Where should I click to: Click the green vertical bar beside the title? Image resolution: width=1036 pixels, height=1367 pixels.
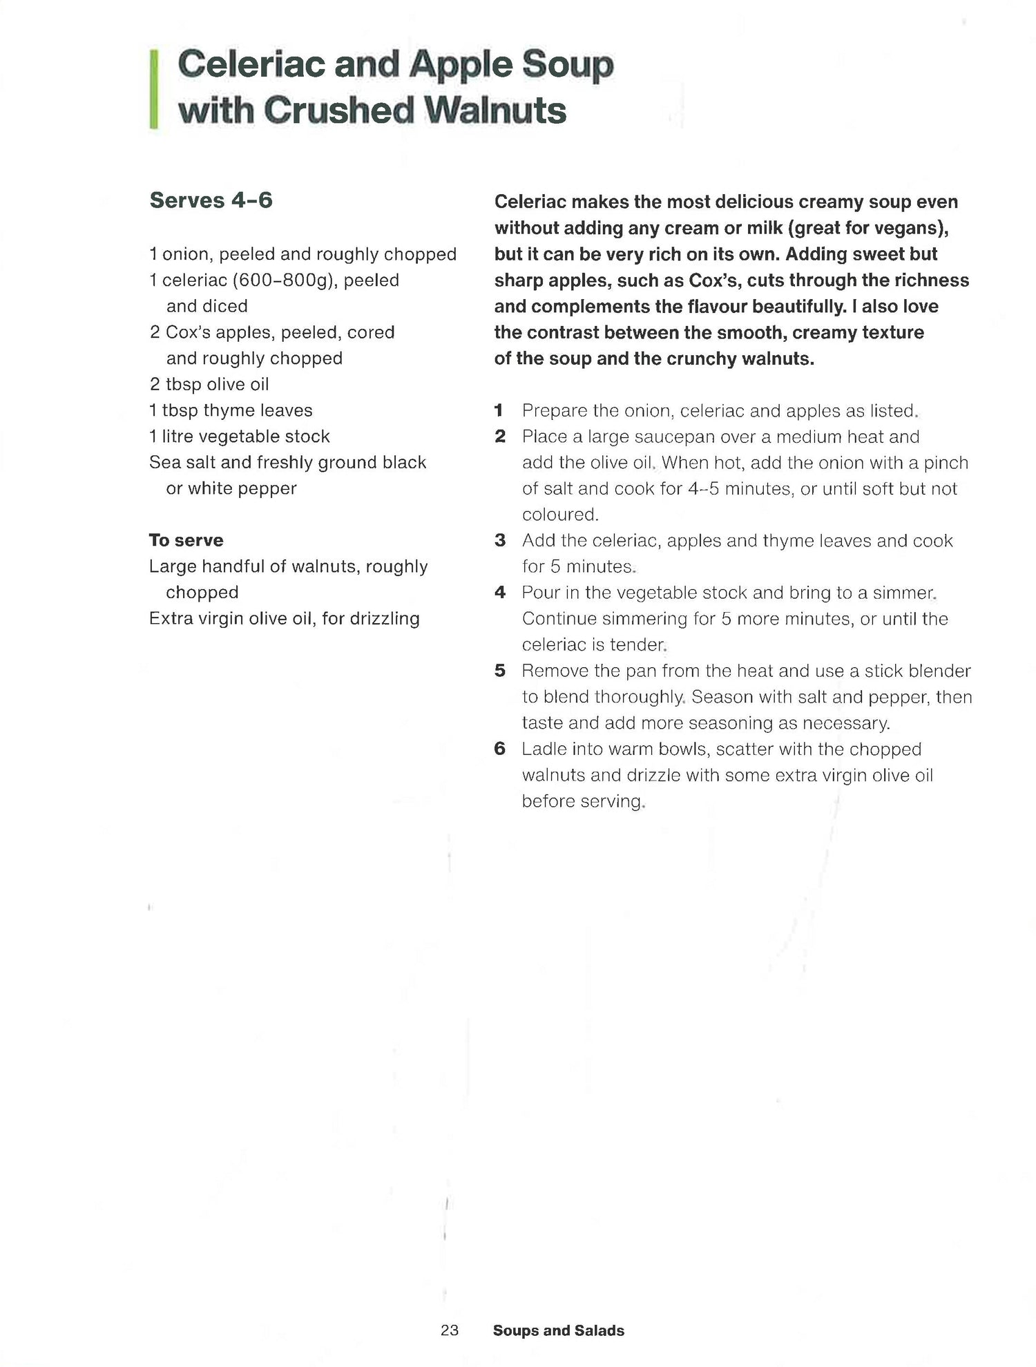point(153,88)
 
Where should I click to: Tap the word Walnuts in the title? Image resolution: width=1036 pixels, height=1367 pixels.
point(495,111)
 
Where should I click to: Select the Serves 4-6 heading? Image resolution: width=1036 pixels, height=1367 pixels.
point(211,200)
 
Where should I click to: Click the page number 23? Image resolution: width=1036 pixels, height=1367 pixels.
point(450,1330)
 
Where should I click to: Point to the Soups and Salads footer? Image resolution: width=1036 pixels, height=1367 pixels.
point(558,1330)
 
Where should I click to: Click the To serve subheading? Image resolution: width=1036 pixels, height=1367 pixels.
point(186,540)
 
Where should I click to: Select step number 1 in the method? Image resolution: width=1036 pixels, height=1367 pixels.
point(499,411)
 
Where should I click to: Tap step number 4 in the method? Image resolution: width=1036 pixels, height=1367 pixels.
point(499,593)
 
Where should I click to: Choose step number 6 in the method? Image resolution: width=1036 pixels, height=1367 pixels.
point(499,749)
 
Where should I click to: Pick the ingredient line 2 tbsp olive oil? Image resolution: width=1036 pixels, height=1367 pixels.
point(209,384)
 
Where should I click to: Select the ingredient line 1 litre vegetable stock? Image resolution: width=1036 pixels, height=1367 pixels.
point(240,437)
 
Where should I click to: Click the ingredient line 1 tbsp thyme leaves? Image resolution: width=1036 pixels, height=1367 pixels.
point(231,410)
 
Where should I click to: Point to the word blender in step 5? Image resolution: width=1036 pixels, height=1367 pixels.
point(939,671)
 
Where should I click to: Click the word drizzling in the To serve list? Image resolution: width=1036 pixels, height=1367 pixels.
point(384,619)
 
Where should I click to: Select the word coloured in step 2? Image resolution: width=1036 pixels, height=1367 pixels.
point(559,515)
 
